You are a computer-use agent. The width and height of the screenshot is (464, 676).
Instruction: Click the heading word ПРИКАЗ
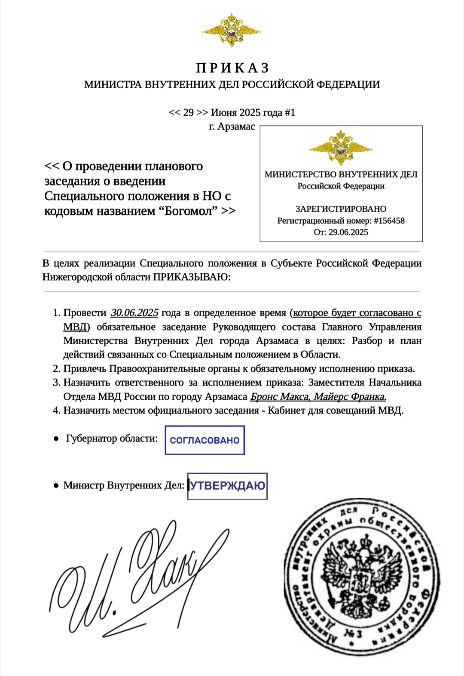(x=232, y=68)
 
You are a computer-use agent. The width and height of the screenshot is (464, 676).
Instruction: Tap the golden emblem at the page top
(x=232, y=30)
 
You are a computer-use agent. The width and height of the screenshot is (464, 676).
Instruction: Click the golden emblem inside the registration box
(x=341, y=148)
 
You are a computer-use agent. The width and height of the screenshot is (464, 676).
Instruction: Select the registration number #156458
(x=389, y=221)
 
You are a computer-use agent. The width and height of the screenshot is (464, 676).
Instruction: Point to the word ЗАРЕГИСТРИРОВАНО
(x=341, y=209)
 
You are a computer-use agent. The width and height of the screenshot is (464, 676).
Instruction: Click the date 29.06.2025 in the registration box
(x=348, y=232)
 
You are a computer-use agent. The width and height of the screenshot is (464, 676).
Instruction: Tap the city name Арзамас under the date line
(x=236, y=127)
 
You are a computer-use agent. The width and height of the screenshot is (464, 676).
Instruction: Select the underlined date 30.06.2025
(x=134, y=313)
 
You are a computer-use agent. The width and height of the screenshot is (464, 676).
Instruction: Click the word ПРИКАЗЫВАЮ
(x=192, y=277)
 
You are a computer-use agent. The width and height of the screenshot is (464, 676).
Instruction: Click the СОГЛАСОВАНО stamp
(x=205, y=440)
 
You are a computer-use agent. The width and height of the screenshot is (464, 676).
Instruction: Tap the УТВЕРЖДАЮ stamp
(x=227, y=486)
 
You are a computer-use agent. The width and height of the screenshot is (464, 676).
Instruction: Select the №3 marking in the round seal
(x=353, y=633)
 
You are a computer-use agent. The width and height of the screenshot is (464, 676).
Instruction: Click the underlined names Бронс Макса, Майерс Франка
(x=318, y=397)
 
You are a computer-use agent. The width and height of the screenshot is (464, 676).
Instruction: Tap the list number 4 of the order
(x=57, y=411)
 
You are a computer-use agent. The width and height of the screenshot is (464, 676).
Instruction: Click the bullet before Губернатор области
(x=56, y=439)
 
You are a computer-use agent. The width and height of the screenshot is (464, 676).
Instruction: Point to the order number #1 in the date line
(x=290, y=113)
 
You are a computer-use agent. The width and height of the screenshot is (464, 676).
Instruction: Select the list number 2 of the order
(x=57, y=369)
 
